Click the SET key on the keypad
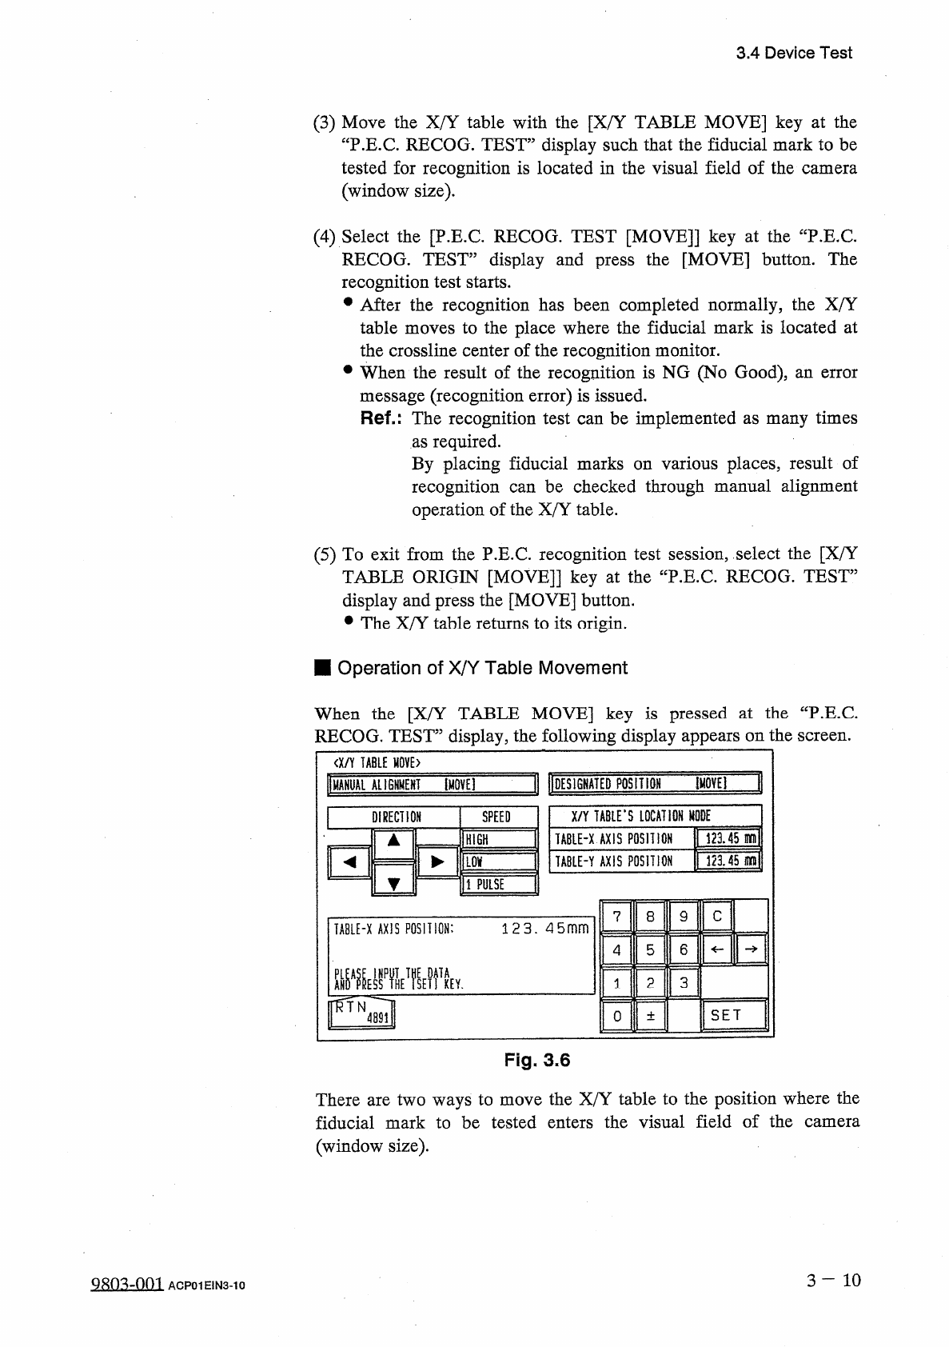tap(732, 1016)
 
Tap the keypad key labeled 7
tap(616, 917)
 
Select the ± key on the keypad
tap(650, 1016)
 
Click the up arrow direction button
tap(393, 841)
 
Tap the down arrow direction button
tap(393, 882)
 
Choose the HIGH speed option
tap(498, 839)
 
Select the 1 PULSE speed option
tap(498, 884)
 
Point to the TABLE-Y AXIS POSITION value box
tap(729, 861)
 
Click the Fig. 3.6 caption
tap(536, 1061)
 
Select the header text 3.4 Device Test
tap(793, 54)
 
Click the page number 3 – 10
tap(834, 1281)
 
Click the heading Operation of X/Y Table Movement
tap(482, 668)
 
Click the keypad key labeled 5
tap(650, 950)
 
